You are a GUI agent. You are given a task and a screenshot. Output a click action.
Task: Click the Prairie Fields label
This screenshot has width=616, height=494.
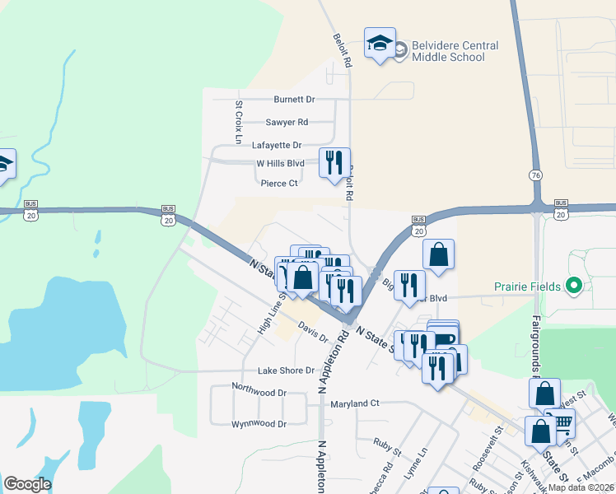(x=527, y=287)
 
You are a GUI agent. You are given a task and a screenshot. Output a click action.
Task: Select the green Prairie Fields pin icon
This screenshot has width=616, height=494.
(x=575, y=287)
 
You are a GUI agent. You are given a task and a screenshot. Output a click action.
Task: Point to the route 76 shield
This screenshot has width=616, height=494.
(x=536, y=175)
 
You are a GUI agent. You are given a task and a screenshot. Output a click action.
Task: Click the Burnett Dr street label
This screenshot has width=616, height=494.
(x=295, y=100)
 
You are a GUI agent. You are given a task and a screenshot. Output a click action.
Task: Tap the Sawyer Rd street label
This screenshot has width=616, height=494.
(x=287, y=122)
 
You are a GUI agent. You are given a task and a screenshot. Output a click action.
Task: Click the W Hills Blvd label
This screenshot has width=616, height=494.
(x=280, y=164)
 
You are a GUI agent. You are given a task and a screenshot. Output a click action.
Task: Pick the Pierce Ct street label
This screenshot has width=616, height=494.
(x=279, y=184)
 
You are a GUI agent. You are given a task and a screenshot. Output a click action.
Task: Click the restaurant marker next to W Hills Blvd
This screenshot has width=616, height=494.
(x=334, y=162)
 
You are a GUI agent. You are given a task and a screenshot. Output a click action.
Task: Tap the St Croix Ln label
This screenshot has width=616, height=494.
(x=238, y=123)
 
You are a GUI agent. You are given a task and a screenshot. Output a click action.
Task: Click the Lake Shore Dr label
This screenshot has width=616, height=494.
(x=286, y=370)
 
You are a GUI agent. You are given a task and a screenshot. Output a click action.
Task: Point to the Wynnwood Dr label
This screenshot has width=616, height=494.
(x=259, y=424)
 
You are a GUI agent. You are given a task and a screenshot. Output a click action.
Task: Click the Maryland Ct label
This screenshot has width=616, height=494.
(x=354, y=403)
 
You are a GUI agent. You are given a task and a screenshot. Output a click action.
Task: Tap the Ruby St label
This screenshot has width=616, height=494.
(x=386, y=451)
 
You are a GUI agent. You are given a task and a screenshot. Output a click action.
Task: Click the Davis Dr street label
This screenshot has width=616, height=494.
(x=314, y=333)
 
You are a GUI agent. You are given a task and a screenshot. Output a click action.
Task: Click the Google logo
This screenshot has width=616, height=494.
(x=27, y=484)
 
